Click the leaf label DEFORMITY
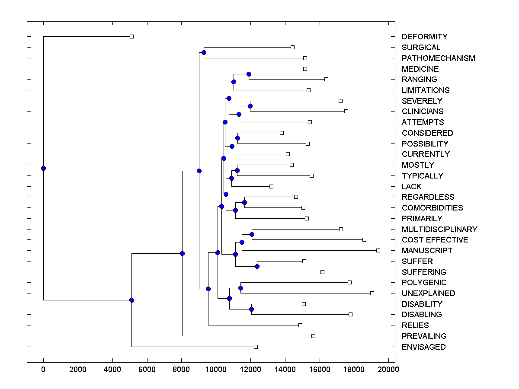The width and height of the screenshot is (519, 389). coord(424,37)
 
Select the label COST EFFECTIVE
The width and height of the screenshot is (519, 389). coord(435,240)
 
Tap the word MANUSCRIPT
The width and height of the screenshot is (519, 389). coord(427,251)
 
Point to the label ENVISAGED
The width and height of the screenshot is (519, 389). coord(423,347)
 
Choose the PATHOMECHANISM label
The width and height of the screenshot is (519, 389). coord(438,58)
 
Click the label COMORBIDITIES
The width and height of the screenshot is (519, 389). coord(432,208)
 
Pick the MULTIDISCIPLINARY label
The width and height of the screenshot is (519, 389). coord(439,230)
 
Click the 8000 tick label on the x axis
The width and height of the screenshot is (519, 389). coord(181,369)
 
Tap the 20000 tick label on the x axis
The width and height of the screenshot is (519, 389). coord(388,369)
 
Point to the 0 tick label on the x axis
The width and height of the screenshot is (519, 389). coord(43,369)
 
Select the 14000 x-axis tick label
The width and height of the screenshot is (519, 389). coord(285,369)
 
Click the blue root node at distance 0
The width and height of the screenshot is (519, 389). coord(43,168)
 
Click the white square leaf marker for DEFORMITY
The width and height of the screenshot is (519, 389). coord(132,36)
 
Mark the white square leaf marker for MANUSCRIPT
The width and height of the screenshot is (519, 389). coord(378,250)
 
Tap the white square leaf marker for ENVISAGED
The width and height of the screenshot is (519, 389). coord(256,347)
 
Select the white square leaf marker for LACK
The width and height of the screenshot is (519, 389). coord(271,186)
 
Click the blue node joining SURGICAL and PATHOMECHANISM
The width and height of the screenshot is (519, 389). coord(204,52)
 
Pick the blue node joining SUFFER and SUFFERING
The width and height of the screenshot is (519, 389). coord(257,266)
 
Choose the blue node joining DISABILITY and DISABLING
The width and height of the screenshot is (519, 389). coord(251,309)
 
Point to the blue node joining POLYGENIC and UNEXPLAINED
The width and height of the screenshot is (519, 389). coord(240,288)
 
